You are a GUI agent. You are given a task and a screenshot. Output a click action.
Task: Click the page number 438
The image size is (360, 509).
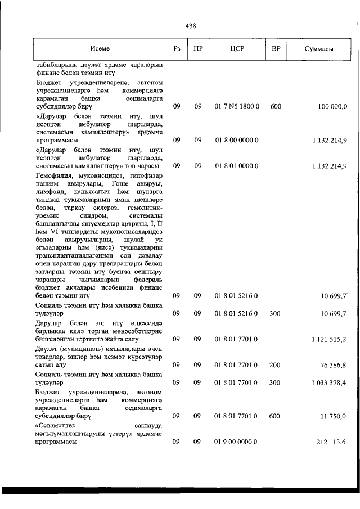[x=190, y=25]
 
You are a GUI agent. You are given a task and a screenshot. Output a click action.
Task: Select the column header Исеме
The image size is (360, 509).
[x=100, y=49]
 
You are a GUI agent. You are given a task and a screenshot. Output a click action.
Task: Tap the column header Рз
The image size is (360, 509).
[x=177, y=49]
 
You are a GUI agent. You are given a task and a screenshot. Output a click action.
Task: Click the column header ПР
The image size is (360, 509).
[x=197, y=49]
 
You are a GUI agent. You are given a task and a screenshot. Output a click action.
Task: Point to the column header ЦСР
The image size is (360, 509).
[x=237, y=49]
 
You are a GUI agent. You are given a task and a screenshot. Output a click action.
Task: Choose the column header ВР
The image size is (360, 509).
[x=276, y=49]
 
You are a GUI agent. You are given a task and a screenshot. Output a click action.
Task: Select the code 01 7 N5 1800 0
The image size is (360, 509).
[x=237, y=106]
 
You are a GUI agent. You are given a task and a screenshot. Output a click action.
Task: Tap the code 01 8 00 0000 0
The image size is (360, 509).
[x=237, y=140]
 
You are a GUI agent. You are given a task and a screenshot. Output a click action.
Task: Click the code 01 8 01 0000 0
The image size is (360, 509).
[x=237, y=166]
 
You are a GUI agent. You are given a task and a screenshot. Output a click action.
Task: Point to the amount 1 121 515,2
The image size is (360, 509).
[x=328, y=339]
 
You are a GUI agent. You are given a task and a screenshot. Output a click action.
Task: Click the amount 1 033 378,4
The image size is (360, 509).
[x=328, y=382]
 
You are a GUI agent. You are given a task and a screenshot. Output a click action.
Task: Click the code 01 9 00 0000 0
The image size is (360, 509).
[x=237, y=442]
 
